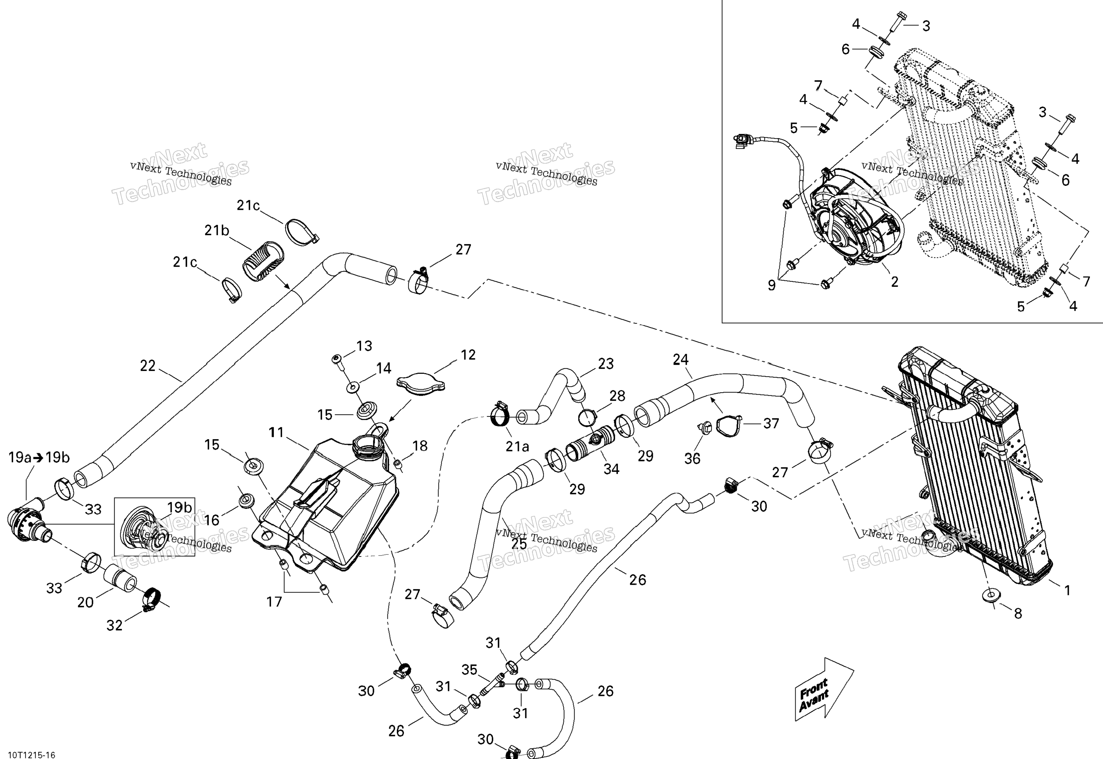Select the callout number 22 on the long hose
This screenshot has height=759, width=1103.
148,365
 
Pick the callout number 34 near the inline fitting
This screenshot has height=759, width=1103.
611,469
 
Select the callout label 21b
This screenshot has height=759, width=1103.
217,231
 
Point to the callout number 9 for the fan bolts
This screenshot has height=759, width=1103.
772,285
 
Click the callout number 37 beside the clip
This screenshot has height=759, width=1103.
771,423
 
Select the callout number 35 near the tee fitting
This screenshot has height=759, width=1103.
470,670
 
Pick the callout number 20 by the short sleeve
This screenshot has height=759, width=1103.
86,602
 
